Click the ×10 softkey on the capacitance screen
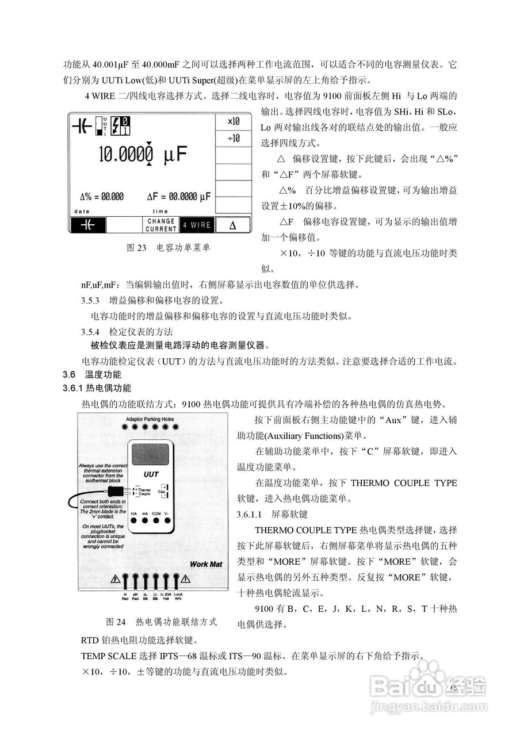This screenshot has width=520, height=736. point(234,122)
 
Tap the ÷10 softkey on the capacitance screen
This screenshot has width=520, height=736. point(234,139)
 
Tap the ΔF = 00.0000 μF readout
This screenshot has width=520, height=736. point(178,197)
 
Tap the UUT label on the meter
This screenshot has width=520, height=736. point(151,476)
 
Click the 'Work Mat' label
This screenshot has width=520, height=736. point(205,564)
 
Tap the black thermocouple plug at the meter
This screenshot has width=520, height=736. point(117,492)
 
